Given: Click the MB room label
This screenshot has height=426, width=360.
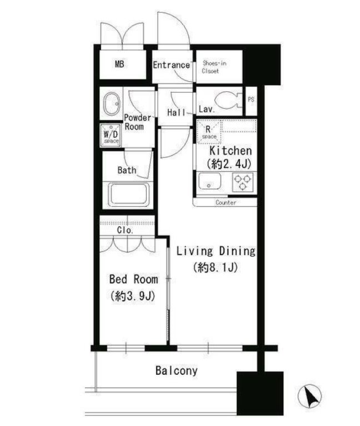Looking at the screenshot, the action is click(x=119, y=64).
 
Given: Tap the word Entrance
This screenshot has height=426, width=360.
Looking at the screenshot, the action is click(x=171, y=65).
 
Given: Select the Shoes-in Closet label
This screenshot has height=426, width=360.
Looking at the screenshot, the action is click(x=214, y=67).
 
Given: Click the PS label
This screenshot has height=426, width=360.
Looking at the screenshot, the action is click(x=251, y=100).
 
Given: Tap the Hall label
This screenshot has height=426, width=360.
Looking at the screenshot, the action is click(x=177, y=112).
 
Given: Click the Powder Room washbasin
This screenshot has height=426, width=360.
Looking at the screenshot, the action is click(x=111, y=104).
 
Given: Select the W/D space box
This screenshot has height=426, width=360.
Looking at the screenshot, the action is click(x=111, y=135).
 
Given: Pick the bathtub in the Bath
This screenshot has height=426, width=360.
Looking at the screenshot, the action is click(x=129, y=195).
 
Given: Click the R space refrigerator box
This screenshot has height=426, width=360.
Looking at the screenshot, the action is click(x=209, y=132).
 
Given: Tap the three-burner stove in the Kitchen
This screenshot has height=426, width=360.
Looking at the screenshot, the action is click(x=242, y=182).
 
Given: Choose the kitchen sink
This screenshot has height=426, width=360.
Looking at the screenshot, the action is click(x=209, y=181).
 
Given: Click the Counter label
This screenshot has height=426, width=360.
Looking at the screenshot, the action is click(x=226, y=202).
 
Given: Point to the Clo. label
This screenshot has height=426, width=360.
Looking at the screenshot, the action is click(x=125, y=230).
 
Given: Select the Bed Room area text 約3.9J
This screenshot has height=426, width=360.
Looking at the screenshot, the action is click(x=133, y=296).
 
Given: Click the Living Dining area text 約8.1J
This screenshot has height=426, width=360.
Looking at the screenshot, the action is click(x=216, y=268).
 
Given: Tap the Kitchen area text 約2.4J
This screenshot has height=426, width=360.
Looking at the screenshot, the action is click(x=229, y=164).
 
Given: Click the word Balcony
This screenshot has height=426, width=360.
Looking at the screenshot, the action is click(x=177, y=371).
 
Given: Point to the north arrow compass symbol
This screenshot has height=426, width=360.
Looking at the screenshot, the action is click(x=309, y=397).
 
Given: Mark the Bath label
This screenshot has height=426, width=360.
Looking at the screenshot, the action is click(x=127, y=170).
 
